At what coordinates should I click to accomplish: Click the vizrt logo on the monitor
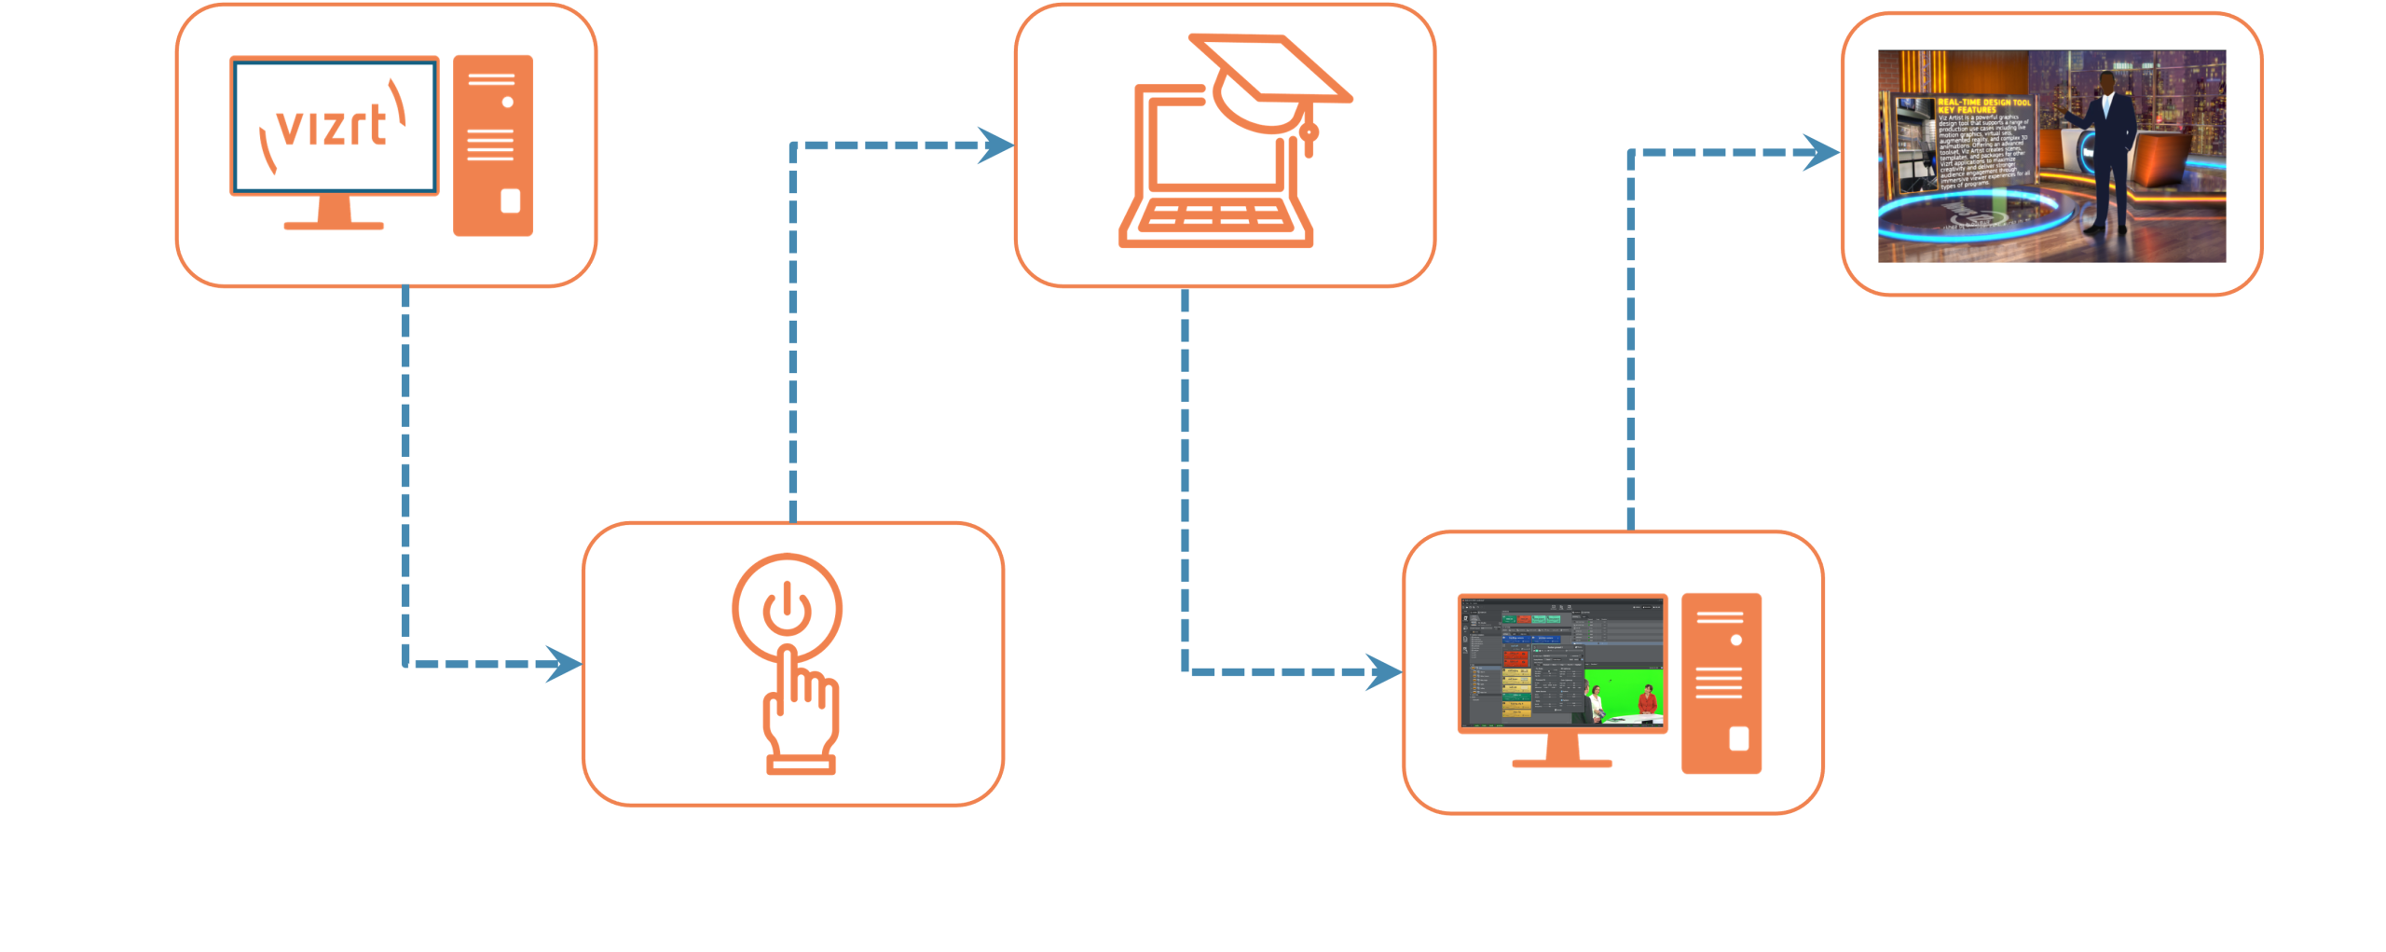point(333,126)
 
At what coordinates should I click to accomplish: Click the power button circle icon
point(788,609)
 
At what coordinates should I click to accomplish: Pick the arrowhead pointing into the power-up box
point(564,664)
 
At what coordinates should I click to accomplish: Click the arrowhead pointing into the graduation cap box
point(996,145)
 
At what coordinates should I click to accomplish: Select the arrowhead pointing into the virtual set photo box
point(1821,153)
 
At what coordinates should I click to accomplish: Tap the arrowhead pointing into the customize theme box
point(1384,671)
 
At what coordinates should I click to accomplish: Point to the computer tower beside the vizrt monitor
point(493,145)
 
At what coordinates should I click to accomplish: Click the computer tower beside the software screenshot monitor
point(1721,683)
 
